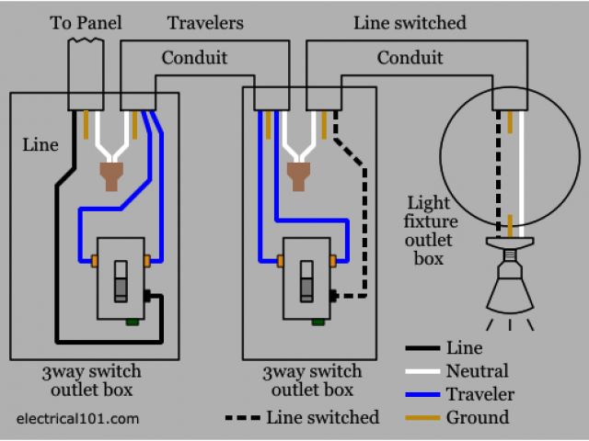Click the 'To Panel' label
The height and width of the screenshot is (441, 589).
click(86, 23)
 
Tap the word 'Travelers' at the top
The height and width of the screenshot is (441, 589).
click(205, 23)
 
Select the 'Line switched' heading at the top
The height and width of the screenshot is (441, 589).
click(410, 23)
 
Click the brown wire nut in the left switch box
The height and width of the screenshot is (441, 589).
click(111, 176)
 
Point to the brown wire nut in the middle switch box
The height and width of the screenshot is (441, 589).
click(298, 176)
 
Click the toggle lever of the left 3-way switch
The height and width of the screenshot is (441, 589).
click(121, 281)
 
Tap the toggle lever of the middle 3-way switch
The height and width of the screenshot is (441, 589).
click(306, 281)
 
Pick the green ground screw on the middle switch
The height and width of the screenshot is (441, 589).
click(318, 322)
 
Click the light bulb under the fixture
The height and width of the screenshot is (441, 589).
click(510, 285)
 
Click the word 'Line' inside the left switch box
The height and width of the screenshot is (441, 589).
click(40, 145)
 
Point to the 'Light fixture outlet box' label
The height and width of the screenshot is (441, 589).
click(431, 231)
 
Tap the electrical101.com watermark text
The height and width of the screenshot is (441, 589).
click(77, 419)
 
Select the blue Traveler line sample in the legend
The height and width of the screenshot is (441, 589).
click(422, 394)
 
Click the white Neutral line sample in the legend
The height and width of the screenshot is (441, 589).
click(422, 371)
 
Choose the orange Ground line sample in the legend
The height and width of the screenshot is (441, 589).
click(422, 418)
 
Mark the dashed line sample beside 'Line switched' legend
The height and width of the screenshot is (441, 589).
click(243, 418)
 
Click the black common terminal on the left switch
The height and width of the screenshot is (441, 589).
click(147, 296)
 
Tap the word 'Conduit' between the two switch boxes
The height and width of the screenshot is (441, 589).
click(194, 58)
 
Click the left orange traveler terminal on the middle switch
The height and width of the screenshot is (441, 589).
click(280, 261)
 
